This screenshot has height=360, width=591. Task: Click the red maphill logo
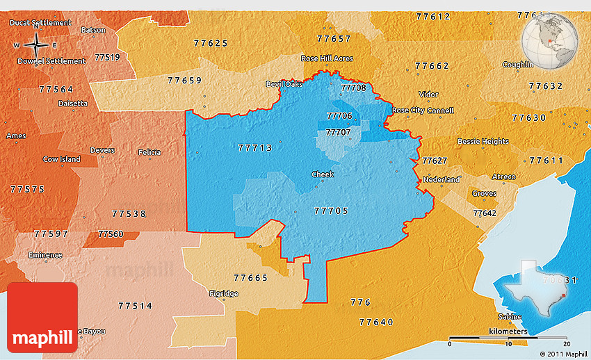tap(42, 317)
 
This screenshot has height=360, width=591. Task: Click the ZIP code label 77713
tap(255, 148)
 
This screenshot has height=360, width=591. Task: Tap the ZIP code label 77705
tap(331, 211)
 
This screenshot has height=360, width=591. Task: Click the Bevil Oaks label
tap(284, 84)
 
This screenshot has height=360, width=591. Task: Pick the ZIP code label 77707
tap(339, 131)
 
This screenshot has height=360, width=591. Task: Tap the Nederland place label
tap(442, 179)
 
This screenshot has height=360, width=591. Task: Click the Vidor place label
tap(428, 95)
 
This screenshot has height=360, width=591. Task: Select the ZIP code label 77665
tap(251, 278)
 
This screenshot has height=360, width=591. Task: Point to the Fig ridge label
tap(223, 293)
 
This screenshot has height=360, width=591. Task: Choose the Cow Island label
tap(61, 159)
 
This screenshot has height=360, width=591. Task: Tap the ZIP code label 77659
tap(185, 81)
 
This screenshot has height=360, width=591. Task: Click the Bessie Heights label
tap(483, 141)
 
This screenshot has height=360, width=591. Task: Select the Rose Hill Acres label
tap(326, 58)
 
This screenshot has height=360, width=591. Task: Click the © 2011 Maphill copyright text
tap(562, 354)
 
